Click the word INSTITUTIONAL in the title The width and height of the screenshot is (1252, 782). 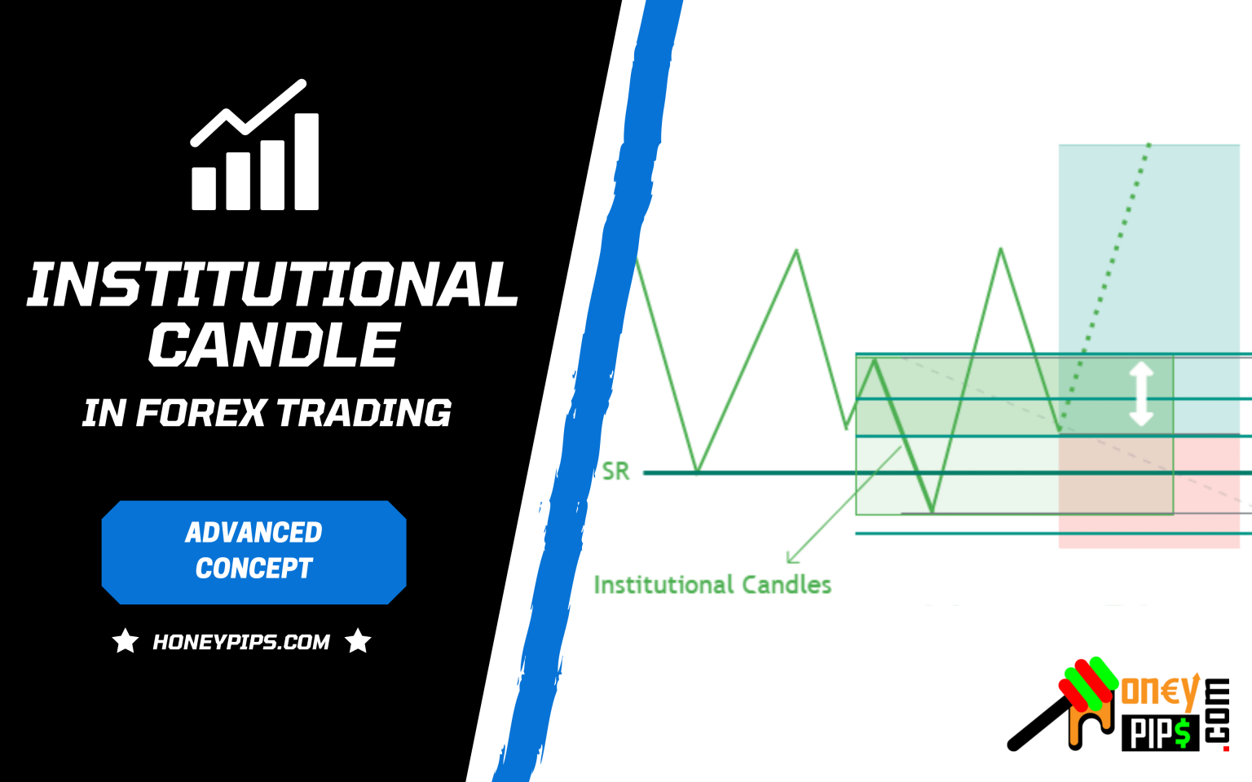[x=272, y=284]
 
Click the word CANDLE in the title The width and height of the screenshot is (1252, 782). [x=274, y=345]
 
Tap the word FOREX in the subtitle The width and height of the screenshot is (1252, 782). [x=201, y=413]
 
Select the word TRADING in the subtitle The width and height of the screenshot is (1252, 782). [x=364, y=413]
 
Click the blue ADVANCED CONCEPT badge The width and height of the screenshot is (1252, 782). [x=253, y=551]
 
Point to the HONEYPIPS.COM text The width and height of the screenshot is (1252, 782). [x=241, y=642]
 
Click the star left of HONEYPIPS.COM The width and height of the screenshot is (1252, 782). [x=126, y=641]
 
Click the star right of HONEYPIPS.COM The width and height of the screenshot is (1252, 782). [x=358, y=641]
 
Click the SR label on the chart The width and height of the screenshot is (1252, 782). [x=615, y=472]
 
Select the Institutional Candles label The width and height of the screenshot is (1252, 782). [x=712, y=585]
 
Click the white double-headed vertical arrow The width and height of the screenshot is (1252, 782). [x=1140, y=394]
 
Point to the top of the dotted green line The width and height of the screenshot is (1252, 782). [x=1148, y=145]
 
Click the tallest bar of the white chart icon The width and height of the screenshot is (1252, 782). [x=306, y=161]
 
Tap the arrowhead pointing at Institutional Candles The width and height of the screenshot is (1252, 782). [x=791, y=558]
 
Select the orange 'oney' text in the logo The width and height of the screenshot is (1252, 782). [x=1160, y=692]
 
